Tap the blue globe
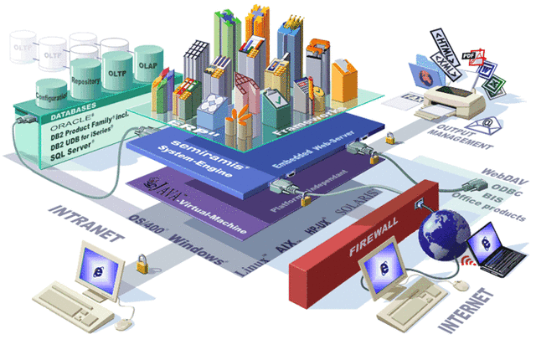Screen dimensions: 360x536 [x=445, y=226]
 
